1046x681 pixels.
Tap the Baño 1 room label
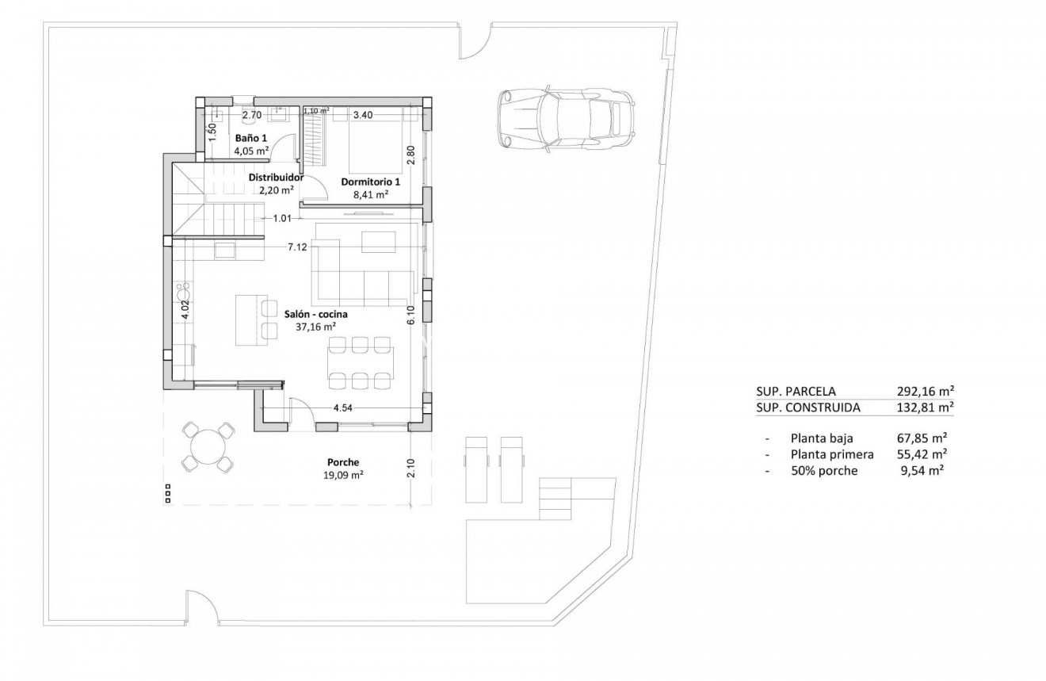tap(251, 137)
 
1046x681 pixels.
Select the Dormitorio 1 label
tap(370, 182)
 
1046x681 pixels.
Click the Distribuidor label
tap(276, 178)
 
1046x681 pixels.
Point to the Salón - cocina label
tap(315, 313)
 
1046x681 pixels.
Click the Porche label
tap(343, 462)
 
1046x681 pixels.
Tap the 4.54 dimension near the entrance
tap(342, 408)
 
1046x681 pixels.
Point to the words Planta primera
tap(832, 454)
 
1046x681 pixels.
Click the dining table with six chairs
tap(361, 363)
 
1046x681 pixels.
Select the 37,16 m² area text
tap(315, 326)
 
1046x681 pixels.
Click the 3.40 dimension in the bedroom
tap(363, 115)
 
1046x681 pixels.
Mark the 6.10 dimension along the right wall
tap(411, 316)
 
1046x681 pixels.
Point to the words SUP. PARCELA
tap(796, 391)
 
